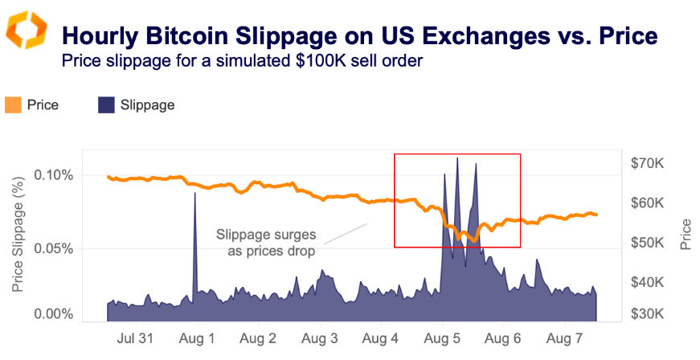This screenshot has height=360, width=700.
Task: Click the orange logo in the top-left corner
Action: (x=28, y=31)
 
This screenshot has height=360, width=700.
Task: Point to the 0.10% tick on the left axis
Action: (x=55, y=175)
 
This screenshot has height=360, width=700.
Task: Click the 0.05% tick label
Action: (x=55, y=249)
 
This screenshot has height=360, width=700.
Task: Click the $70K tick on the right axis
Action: (x=646, y=164)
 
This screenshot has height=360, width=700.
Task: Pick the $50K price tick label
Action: (x=646, y=243)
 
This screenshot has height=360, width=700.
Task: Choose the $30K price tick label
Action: (x=646, y=314)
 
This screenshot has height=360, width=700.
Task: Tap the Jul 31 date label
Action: (x=134, y=338)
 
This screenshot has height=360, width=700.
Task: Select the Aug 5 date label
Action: (x=441, y=338)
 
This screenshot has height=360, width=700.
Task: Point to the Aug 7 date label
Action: (x=564, y=338)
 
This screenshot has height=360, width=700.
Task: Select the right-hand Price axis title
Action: (x=686, y=233)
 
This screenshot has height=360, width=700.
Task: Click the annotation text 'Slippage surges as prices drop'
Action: (x=266, y=243)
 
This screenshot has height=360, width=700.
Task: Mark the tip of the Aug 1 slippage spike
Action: (x=194, y=193)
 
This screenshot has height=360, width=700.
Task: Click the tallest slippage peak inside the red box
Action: (x=457, y=158)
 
